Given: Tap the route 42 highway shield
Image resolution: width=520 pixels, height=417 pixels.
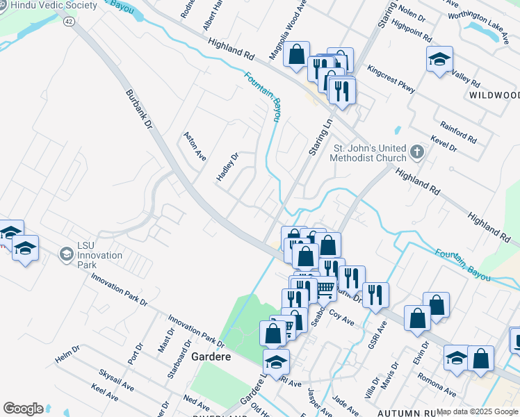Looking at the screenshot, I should pos(68,22).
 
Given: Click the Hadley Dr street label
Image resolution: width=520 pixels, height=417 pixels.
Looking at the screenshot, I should pos(227,167).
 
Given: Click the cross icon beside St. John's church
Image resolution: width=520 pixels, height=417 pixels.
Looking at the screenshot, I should pos(416,152).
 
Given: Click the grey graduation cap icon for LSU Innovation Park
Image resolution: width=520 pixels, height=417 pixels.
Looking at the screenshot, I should pos(66,254).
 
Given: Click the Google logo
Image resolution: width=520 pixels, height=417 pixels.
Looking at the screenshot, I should pos(23,409).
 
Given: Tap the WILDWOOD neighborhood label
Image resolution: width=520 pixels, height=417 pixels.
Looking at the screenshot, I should pos(494,95).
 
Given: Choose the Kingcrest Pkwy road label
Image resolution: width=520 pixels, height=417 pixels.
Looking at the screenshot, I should pos(391,79).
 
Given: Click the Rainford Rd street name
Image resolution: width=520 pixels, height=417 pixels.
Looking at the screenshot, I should pos(458,131).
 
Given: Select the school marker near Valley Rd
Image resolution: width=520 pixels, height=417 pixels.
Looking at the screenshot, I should pos(439,59).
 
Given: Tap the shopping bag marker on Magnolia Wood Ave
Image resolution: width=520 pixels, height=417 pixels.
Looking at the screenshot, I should pos(297,54).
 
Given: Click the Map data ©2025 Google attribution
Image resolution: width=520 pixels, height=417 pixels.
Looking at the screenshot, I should pos(477,411).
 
